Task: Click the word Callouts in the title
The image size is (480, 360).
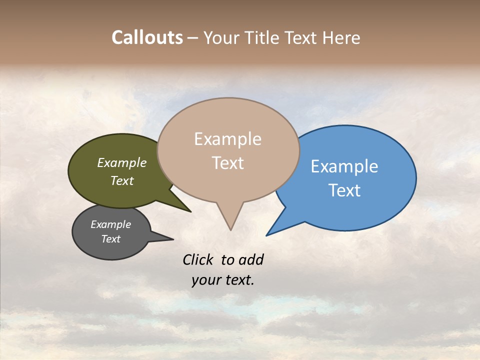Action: pos(147,37)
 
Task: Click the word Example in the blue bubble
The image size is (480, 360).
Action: pos(344,166)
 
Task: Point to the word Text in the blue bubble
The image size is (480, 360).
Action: pos(344,190)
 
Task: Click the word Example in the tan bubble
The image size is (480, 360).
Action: pos(227,139)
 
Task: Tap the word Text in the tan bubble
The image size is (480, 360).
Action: pos(227,163)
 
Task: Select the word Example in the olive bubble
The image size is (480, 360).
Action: pos(122,162)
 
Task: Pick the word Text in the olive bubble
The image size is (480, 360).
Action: pos(122,180)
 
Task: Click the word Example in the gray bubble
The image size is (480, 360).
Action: pos(111,224)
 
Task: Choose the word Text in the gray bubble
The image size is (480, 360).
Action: pos(111,239)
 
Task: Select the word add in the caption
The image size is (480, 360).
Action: pos(250,259)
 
